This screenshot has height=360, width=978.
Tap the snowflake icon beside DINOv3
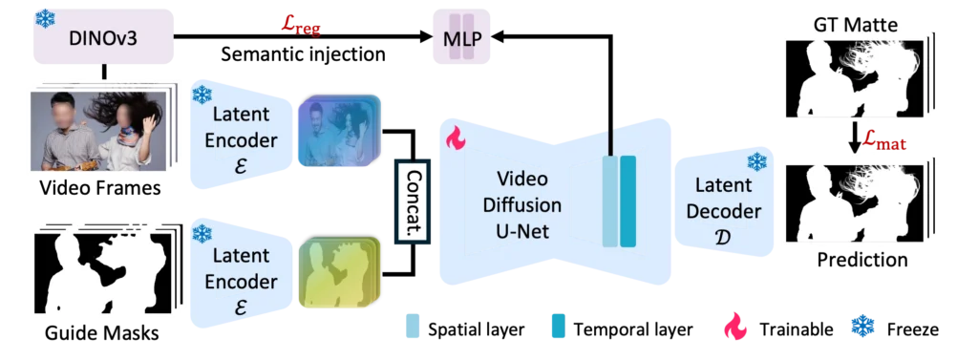tap(44, 18)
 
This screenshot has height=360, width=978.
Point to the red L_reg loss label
tap(301, 25)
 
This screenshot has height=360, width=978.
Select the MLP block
tap(463, 39)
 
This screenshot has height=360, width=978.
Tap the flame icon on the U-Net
tap(456, 139)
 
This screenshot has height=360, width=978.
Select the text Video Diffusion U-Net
tap(529, 204)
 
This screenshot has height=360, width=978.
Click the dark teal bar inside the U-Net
tap(627, 201)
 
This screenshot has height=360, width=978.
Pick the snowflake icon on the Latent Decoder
tap(756, 161)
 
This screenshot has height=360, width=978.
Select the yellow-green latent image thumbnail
tap(337, 271)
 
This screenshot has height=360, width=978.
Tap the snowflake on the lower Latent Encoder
tap(202, 235)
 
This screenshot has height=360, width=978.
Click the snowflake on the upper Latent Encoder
tap(202, 95)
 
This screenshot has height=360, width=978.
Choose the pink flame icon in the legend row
tap(734, 328)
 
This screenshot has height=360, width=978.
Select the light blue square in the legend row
tap(413, 328)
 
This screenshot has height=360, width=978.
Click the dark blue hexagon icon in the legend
tap(862, 328)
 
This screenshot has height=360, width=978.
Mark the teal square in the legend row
tap(558, 328)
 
